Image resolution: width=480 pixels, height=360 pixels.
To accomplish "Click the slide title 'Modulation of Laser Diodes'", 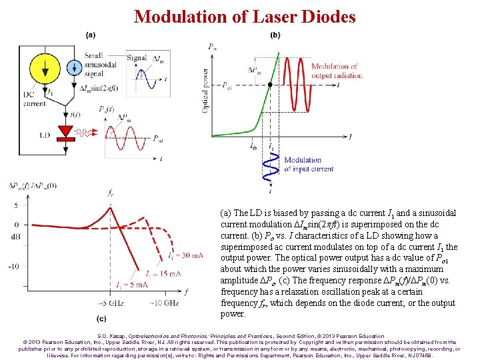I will click(245, 17).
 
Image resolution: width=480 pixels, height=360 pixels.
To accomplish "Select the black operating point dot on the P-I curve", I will click(269, 85).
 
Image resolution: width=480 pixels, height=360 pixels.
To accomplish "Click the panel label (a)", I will click(90, 35).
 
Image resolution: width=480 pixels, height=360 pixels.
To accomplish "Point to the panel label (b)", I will click(275, 35).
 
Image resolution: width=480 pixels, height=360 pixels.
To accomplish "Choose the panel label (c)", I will click(101, 319).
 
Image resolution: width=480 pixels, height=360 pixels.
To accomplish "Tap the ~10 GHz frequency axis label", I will click(164, 303).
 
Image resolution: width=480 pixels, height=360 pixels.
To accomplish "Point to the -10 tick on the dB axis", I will click(13, 267).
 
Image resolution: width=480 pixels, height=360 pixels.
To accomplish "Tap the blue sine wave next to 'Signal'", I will click(143, 75).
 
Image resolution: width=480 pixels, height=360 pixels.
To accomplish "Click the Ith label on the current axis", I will click(253, 146).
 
